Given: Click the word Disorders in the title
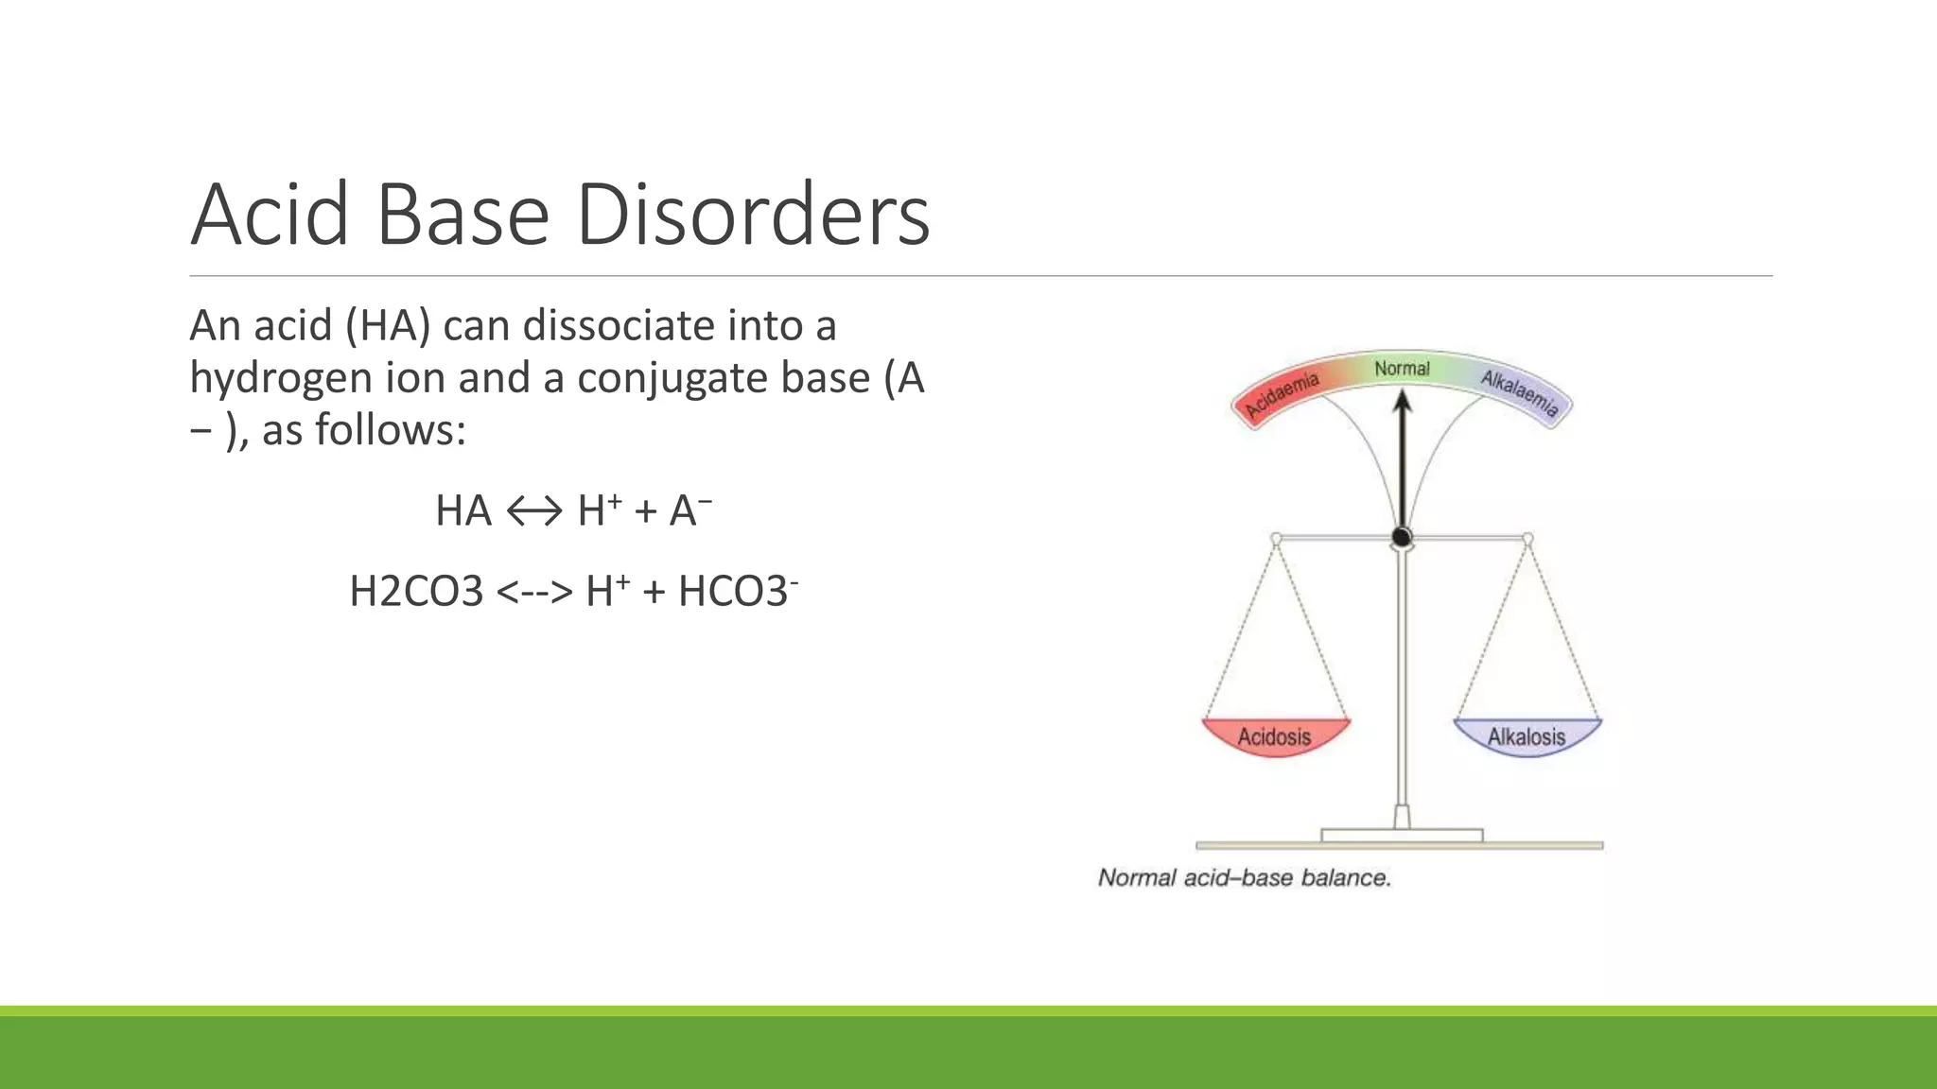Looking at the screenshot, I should coord(752,216).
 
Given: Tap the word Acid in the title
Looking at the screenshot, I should coord(270,216).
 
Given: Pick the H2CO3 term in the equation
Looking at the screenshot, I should coord(416,593).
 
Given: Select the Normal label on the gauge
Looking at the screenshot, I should coord(1402,369).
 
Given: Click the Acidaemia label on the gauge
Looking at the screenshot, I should coord(1282,396).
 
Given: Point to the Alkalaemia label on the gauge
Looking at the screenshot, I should coord(1519,393).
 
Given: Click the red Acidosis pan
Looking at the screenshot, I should coord(1275,736).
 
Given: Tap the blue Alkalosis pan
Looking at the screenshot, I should coord(1527,736).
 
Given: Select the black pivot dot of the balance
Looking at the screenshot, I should coord(1402,538).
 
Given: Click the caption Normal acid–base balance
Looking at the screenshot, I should coord(1244,878).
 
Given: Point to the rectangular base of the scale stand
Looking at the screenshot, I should coord(1401,836).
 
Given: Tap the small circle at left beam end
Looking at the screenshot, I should coord(1276,539).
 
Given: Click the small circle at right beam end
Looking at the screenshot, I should coord(1527,539).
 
